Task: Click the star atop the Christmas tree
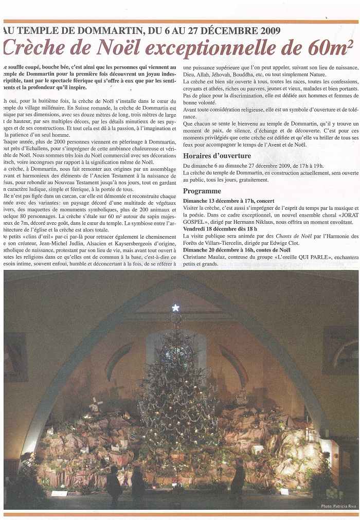(175, 308)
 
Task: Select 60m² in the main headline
(327, 48)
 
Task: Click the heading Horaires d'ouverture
(217, 156)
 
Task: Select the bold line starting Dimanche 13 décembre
(229, 201)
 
